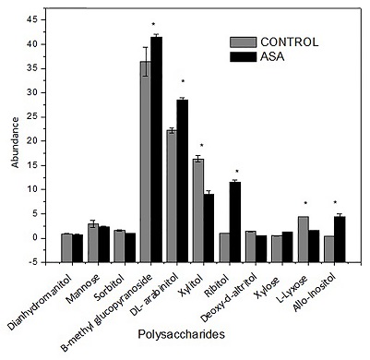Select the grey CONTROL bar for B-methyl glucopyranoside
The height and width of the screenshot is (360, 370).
145,149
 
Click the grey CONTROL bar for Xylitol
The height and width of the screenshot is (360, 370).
198,198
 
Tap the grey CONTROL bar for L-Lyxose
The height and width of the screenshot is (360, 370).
304,227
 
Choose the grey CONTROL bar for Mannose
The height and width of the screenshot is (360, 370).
93,230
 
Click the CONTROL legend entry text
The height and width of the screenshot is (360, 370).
290,42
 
